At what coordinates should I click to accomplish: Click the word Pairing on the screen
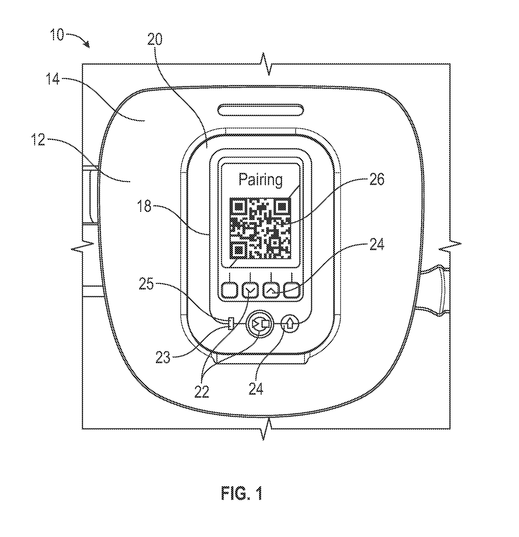click(x=260, y=180)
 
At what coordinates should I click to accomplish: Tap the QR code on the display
click(x=260, y=228)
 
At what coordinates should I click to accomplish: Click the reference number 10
click(x=57, y=35)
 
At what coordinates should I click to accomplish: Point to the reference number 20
click(x=155, y=39)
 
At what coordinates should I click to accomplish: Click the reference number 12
click(x=38, y=140)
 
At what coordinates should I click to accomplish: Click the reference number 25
click(x=146, y=284)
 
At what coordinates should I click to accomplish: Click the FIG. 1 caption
click(x=241, y=493)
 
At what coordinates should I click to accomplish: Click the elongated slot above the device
click(x=261, y=110)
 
